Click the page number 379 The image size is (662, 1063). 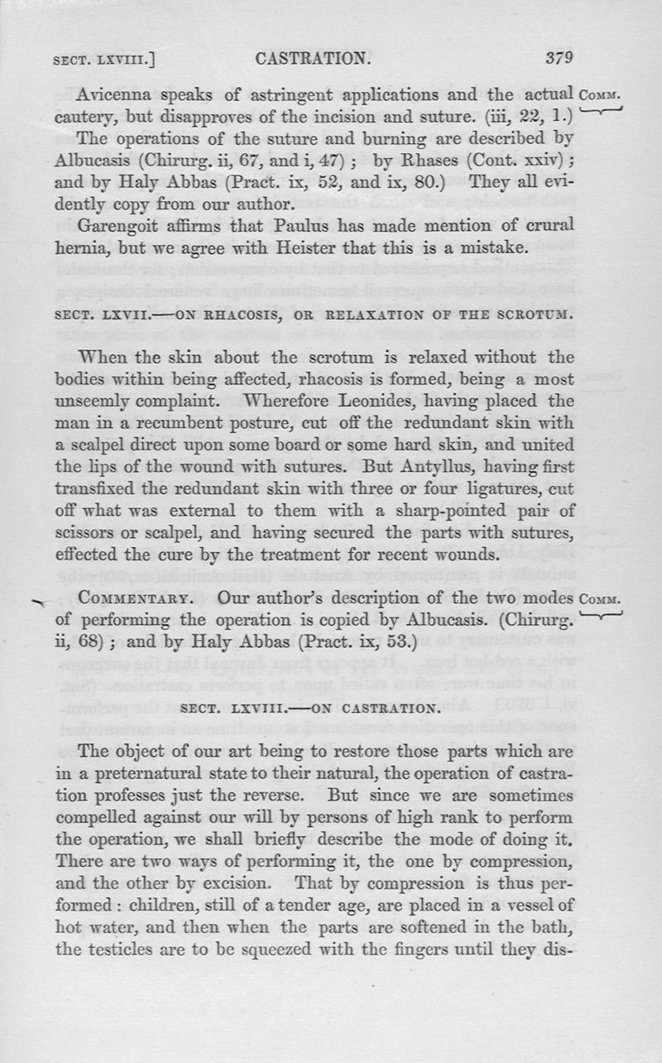click(x=559, y=58)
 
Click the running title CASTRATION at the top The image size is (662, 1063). click(x=311, y=58)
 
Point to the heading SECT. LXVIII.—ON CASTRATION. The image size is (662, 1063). click(x=309, y=709)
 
